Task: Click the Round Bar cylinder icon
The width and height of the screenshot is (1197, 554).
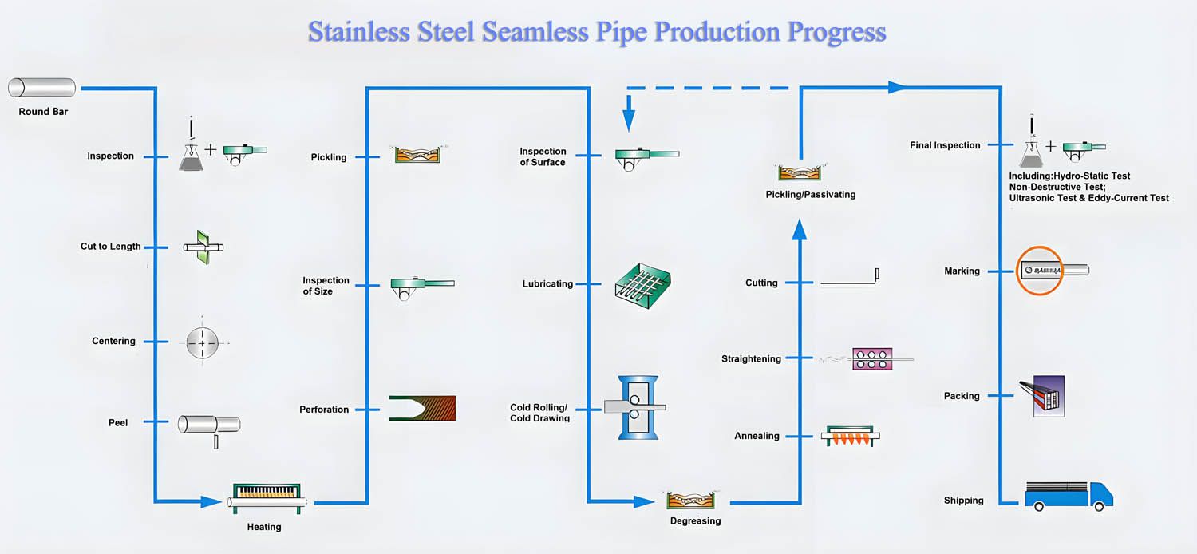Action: coord(42,88)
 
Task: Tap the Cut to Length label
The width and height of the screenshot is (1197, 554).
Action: coord(110,247)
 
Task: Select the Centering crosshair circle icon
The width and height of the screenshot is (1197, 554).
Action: coord(202,343)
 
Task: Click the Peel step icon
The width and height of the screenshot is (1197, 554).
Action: coord(208,425)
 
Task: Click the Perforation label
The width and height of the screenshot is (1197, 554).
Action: coord(324,410)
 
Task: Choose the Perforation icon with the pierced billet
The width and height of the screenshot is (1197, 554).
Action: coord(422,408)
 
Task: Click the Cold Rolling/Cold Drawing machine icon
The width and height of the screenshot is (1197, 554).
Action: coord(636,407)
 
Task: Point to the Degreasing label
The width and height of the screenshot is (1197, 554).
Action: coord(695,521)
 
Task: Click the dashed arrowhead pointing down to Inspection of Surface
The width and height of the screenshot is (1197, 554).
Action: coord(629,121)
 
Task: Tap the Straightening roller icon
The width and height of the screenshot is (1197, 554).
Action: coord(871,358)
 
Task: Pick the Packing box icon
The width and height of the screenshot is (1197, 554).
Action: coord(1044,396)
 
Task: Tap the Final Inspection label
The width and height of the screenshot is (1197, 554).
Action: coord(945,145)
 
